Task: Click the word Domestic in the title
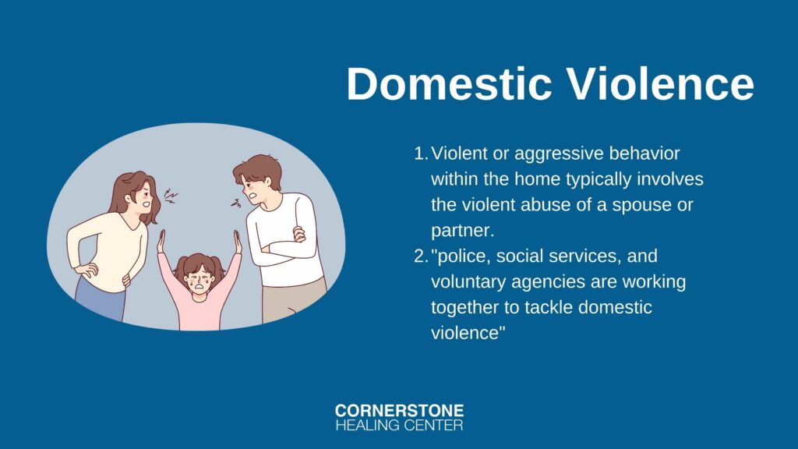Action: [450, 83]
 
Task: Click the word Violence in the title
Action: [661, 83]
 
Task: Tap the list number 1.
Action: [420, 154]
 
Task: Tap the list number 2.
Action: [421, 256]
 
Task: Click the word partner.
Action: [463, 231]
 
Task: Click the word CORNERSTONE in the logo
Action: [400, 411]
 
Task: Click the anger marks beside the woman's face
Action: [171, 196]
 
